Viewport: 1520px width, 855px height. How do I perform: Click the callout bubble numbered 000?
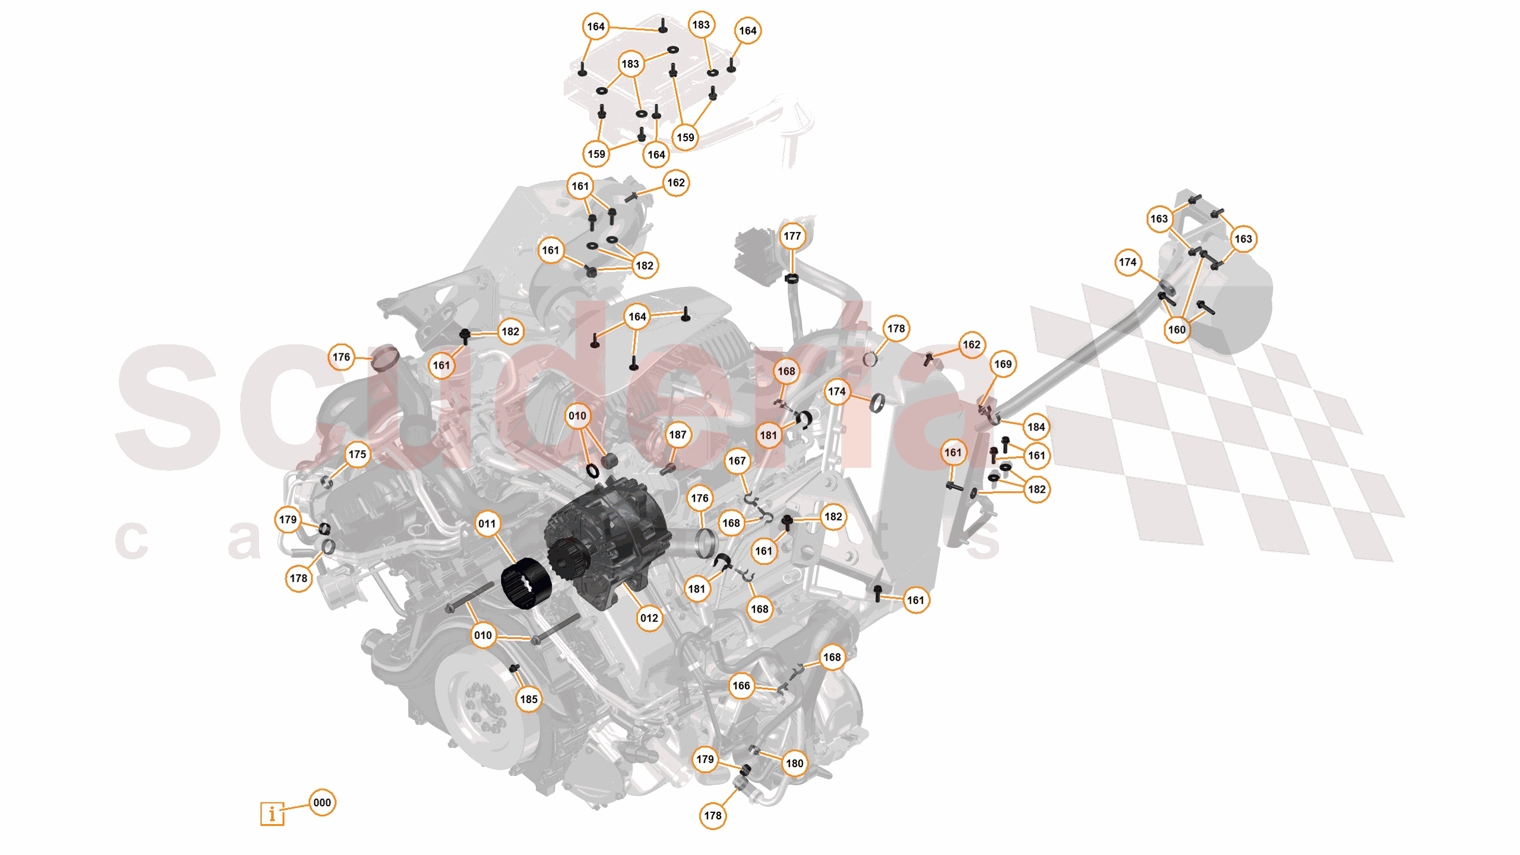click(x=322, y=803)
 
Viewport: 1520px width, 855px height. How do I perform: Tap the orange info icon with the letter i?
click(x=272, y=813)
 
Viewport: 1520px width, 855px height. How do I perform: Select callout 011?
click(x=487, y=524)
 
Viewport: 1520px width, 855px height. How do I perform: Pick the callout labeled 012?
click(x=649, y=618)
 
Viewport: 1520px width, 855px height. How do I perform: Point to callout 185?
click(x=529, y=699)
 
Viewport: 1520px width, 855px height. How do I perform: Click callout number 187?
click(x=678, y=435)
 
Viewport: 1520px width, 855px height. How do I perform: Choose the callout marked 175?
click(x=357, y=454)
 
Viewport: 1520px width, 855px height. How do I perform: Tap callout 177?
click(x=792, y=236)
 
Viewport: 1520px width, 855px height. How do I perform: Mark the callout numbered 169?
click(x=1003, y=364)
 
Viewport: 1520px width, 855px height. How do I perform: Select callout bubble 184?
click(x=1036, y=427)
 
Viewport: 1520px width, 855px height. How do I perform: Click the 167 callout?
click(x=737, y=461)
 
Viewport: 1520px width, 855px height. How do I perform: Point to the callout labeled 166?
click(x=741, y=686)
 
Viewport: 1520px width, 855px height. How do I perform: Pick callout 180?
click(x=794, y=763)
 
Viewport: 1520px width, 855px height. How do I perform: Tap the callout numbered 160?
click(x=1177, y=330)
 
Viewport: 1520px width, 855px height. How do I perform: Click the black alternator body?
click(x=612, y=534)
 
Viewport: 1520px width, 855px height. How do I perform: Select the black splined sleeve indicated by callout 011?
click(x=526, y=583)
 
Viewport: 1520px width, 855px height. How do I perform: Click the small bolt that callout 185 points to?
click(x=514, y=669)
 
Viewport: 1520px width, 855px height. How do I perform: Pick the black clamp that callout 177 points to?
click(x=791, y=278)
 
